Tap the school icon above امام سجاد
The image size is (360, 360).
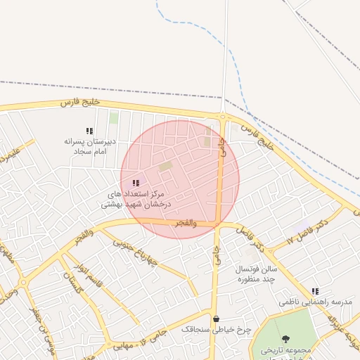pyautogui.click(x=89, y=131)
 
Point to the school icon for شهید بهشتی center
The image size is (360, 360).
pyautogui.click(x=136, y=183)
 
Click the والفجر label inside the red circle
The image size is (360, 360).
pyautogui.click(x=202, y=223)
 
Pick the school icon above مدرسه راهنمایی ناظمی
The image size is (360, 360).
pyautogui.click(x=315, y=290)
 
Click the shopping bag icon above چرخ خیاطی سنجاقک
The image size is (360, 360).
pyautogui.click(x=215, y=319)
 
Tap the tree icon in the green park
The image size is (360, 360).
pyautogui.click(x=285, y=340)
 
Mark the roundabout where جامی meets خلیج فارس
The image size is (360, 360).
pyautogui.click(x=222, y=116)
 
